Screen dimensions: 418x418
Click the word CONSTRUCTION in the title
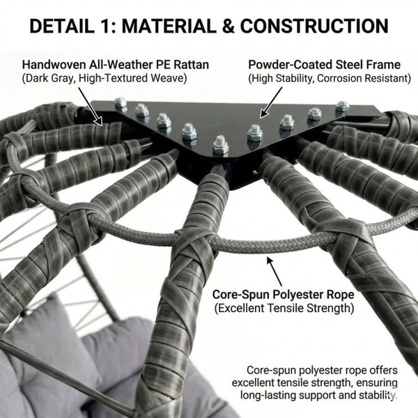point(314,26)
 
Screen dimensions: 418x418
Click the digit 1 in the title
point(107,26)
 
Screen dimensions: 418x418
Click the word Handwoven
point(54,65)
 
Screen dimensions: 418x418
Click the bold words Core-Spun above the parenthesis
point(241,295)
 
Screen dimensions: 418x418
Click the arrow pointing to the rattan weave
point(91,106)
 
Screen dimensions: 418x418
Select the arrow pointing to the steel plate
point(271,102)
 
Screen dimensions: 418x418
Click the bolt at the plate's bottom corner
point(220,146)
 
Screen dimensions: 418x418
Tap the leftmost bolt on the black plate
point(121,103)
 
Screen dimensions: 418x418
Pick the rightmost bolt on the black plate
point(343,107)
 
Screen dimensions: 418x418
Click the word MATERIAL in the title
point(169,26)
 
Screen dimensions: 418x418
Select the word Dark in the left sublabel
point(37,78)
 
